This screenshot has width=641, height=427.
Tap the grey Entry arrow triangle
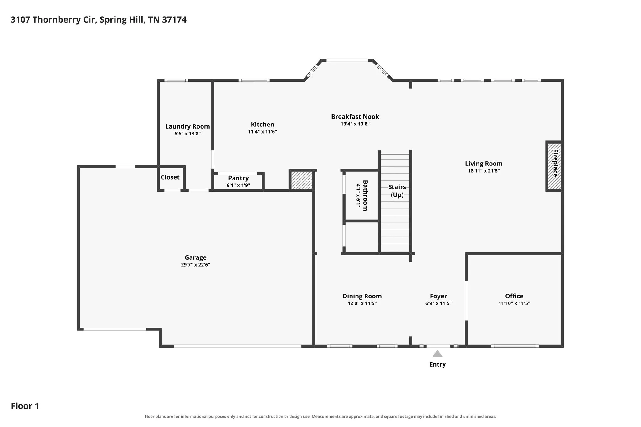tap(437, 353)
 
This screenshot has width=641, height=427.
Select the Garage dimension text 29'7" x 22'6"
tap(195, 265)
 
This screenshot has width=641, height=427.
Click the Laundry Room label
tap(187, 126)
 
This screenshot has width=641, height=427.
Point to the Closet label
tap(170, 177)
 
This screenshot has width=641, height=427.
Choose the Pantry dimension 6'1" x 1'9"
tap(238, 185)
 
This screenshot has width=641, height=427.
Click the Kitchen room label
tap(262, 125)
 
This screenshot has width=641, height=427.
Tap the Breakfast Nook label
tap(355, 117)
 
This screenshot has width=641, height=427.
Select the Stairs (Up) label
tap(397, 191)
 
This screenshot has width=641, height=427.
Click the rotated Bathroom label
tap(365, 196)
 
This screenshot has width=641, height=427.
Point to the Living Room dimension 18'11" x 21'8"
tap(484, 171)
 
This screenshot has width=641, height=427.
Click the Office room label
tap(514, 296)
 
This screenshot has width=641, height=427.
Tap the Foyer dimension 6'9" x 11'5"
tap(438, 303)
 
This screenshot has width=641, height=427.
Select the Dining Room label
tap(362, 296)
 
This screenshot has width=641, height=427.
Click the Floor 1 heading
tap(25, 406)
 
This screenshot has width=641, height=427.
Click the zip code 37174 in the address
tap(174, 20)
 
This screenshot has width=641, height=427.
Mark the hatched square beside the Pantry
tap(302, 180)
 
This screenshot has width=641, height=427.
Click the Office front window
tap(515, 346)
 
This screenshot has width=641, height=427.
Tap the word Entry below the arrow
tap(437, 364)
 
